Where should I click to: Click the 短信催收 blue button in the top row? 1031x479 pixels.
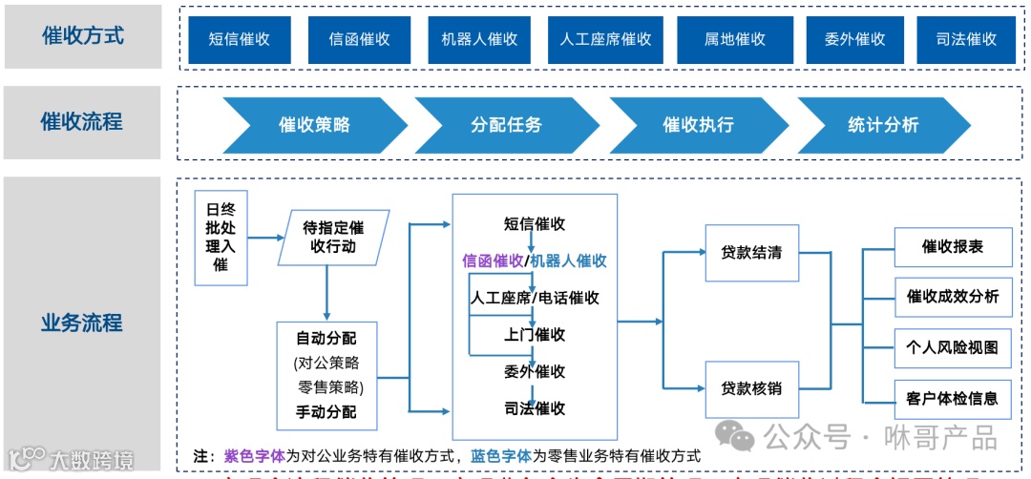tap(240, 39)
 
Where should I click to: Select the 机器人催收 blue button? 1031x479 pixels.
tap(479, 39)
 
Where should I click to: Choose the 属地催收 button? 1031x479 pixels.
tap(734, 39)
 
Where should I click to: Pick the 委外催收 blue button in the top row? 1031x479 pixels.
tap(854, 39)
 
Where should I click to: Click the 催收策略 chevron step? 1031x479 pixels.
tap(314, 125)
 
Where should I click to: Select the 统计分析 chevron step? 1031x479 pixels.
tap(883, 125)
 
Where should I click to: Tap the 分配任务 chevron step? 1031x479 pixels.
tap(506, 125)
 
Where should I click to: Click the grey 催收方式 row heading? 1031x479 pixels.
tap(82, 36)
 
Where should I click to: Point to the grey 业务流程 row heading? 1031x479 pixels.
tap(82, 322)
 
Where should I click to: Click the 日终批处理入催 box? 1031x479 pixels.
tap(221, 239)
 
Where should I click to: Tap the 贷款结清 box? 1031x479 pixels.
tap(751, 253)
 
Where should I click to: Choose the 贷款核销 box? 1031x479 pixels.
tap(751, 388)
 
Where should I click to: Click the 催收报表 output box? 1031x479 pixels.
tap(952, 247)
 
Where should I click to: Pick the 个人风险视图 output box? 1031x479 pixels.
tap(952, 347)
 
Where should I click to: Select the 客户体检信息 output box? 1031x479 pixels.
tap(952, 398)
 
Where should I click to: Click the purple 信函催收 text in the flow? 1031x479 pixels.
tap(493, 260)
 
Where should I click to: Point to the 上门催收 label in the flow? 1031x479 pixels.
tap(535, 335)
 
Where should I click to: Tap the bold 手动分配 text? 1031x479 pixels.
tap(326, 412)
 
